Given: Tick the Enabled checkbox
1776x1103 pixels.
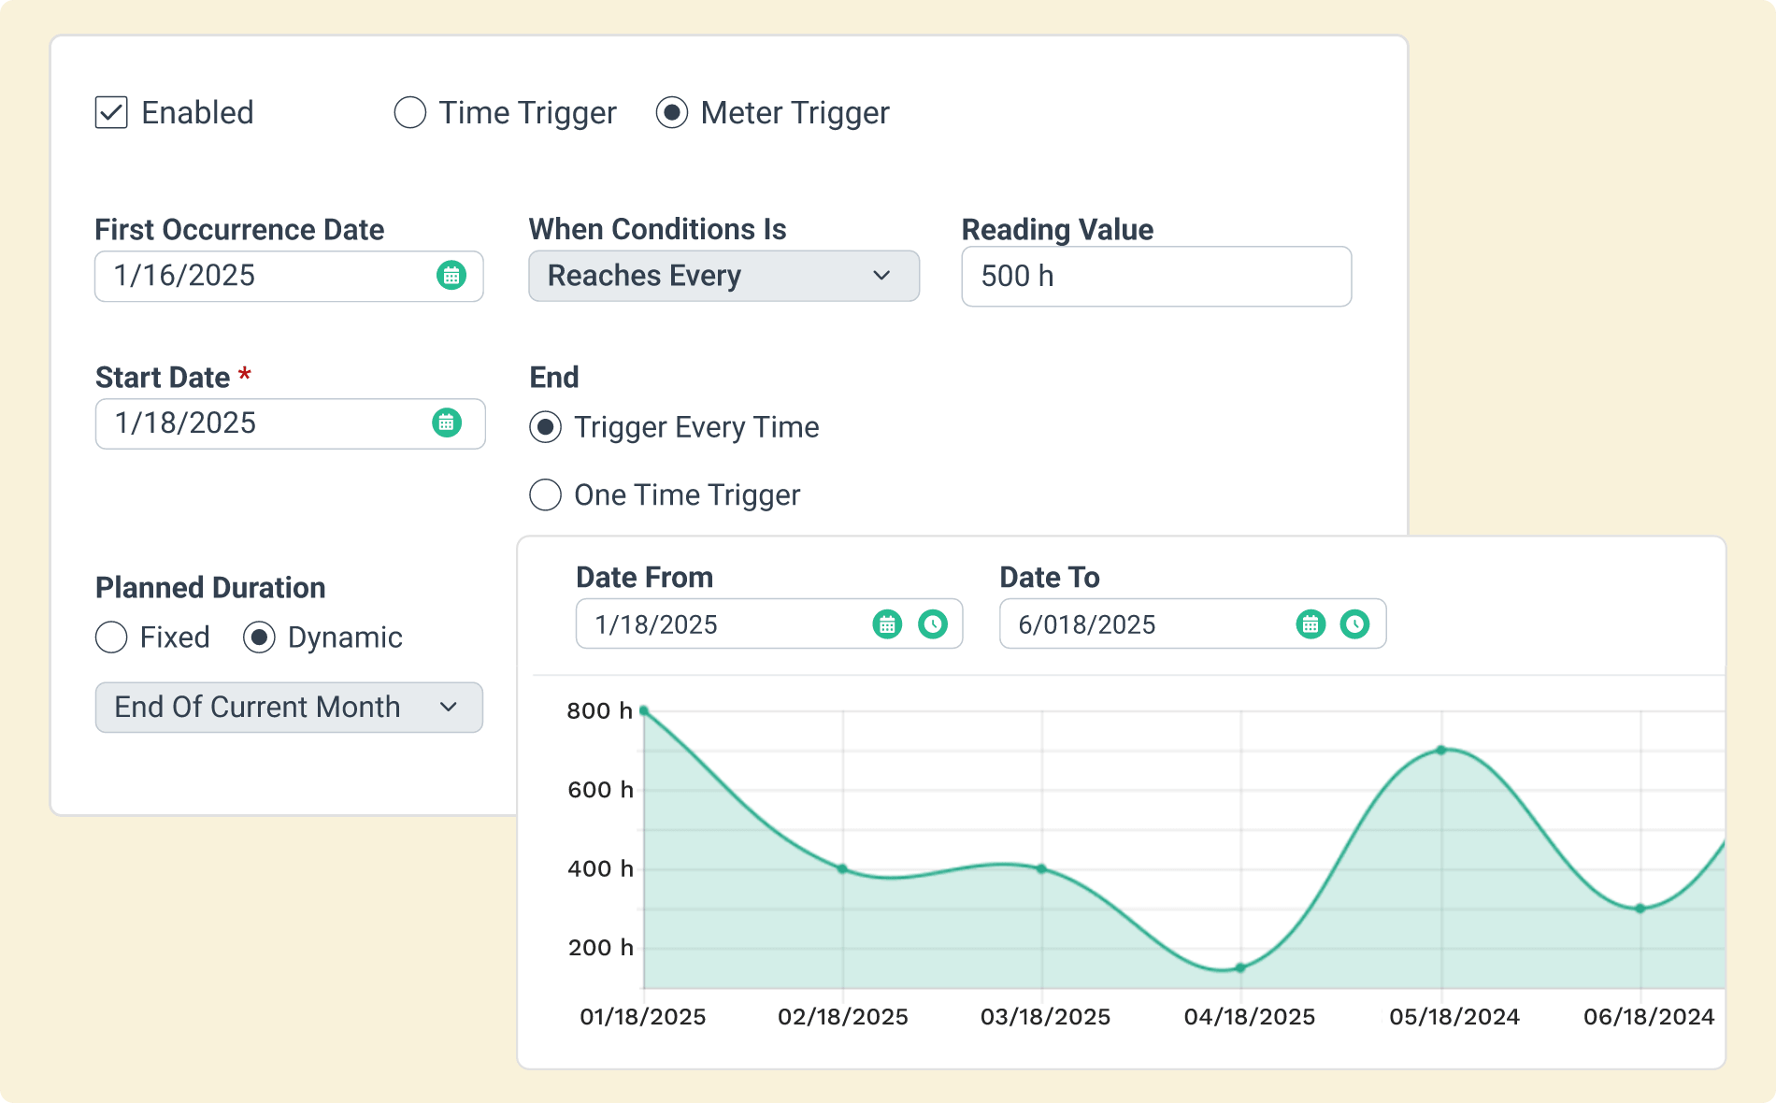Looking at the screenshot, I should click(111, 112).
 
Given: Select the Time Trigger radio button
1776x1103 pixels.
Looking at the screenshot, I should click(410, 112).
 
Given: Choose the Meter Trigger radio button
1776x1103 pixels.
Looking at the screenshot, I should click(672, 112).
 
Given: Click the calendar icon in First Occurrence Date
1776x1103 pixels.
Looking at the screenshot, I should click(451, 276).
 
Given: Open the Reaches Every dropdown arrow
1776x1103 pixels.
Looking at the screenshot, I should click(881, 276).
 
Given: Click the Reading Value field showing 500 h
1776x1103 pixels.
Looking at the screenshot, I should click(1155, 277).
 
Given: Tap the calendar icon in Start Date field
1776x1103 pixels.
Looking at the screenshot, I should click(447, 423).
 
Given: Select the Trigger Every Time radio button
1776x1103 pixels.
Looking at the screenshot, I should click(546, 427).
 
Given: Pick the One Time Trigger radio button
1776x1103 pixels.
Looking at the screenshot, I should click(546, 494).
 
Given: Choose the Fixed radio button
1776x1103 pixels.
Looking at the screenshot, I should click(111, 637).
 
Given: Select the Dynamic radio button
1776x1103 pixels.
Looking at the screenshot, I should click(259, 637).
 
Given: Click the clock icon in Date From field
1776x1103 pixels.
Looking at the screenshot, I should click(933, 623).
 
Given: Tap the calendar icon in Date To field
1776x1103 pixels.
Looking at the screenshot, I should click(1311, 623).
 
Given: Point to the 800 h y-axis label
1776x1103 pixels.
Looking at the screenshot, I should click(600, 711).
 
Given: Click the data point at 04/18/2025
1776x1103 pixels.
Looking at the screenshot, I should click(1240, 968).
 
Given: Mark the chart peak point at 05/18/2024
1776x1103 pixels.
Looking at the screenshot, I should click(1441, 750).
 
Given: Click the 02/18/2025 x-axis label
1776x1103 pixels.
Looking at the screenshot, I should click(843, 1017).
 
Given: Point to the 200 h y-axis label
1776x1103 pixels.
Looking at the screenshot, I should click(601, 948).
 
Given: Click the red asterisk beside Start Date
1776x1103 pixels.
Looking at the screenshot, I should click(245, 374).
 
